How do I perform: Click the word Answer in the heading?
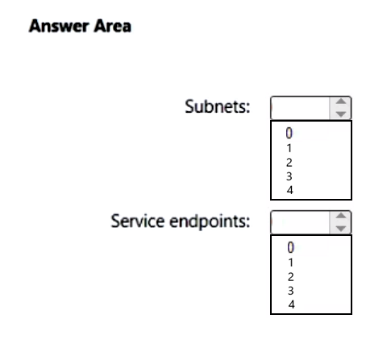[59, 26]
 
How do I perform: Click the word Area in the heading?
[112, 26]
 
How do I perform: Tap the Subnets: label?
[218, 106]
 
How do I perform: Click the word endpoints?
[210, 221]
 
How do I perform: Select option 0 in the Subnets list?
[289, 133]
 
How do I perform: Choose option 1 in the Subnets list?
[289, 148]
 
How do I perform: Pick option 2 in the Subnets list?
[289, 163]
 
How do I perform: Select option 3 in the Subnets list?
[289, 176]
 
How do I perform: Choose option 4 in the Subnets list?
[289, 190]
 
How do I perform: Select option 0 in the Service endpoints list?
[291, 247]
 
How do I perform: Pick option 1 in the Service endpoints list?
[291, 263]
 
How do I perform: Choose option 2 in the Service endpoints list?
[291, 277]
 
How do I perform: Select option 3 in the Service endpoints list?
[291, 291]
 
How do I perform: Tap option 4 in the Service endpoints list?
[291, 304]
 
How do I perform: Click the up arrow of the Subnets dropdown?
[341, 101]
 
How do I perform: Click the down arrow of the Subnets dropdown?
[341, 114]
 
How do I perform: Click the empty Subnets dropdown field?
[300, 108]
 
